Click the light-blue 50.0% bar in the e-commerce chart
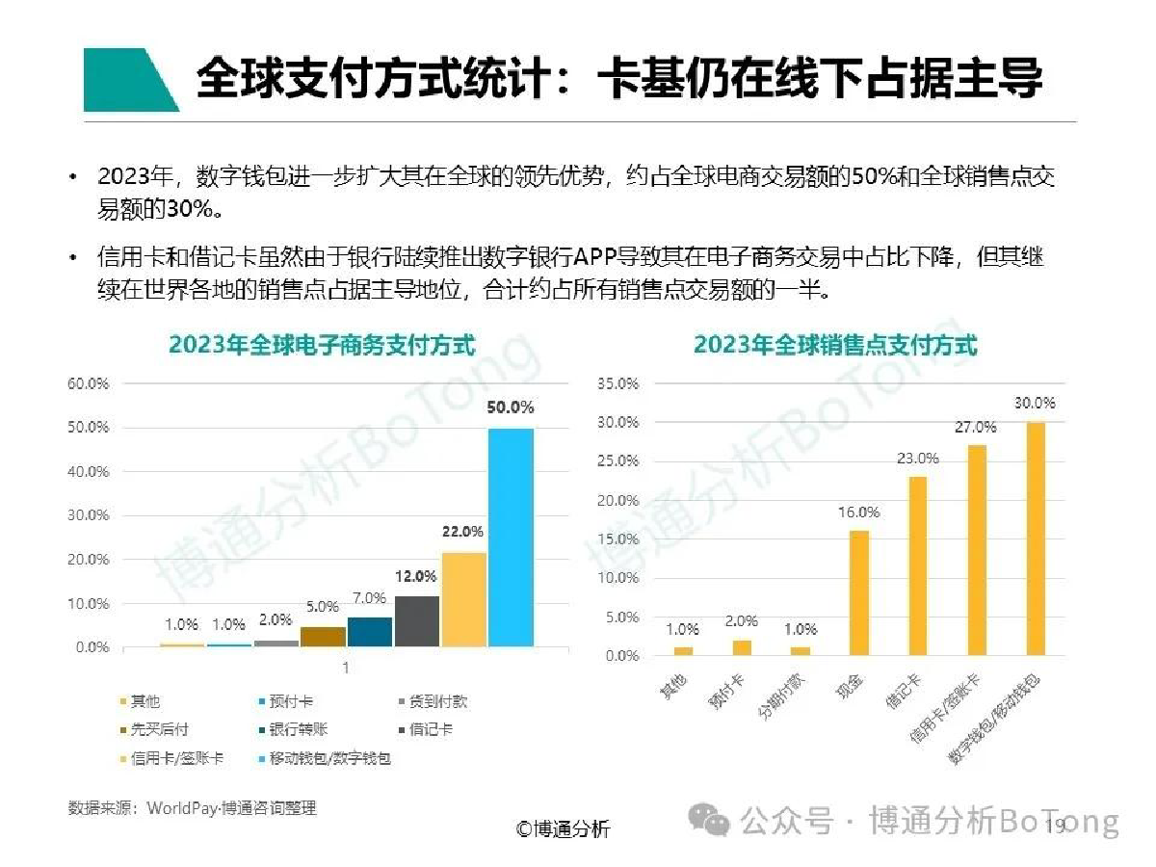click(511, 537)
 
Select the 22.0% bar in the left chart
click(463, 598)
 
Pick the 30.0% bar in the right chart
click(1036, 539)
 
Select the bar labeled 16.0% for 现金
click(859, 592)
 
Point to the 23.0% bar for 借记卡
click(918, 565)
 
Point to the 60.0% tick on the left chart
click(89, 383)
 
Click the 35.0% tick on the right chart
click(617, 383)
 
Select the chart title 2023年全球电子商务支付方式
click(323, 345)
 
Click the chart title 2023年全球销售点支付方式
click(835, 345)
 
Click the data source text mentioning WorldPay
click(192, 808)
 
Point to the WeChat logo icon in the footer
click(712, 822)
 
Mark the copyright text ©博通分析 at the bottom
click(563, 828)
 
